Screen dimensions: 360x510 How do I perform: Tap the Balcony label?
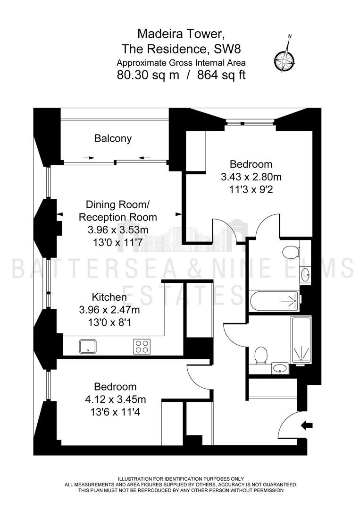coord(113,138)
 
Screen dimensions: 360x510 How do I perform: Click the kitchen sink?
coord(88,347)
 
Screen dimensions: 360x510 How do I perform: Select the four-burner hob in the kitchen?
coord(142,347)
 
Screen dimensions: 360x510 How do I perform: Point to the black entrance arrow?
coord(307,425)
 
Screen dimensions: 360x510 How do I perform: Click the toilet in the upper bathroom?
coord(291,252)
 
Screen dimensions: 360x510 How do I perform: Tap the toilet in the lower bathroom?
coord(261,356)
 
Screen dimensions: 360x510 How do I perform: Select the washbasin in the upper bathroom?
coord(305,275)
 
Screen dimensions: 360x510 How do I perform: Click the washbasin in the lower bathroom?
coord(280,368)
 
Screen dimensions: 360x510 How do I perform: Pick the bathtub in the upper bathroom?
coord(274,301)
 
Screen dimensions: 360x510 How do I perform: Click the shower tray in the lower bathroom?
coord(301,340)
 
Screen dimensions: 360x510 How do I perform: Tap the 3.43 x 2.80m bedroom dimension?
coord(251,177)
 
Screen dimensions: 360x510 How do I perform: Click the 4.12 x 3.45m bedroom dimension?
coord(115,399)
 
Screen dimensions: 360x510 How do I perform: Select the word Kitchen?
coord(109,297)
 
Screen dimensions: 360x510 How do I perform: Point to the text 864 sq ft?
coord(221,75)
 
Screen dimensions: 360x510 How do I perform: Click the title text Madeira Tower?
coord(181,33)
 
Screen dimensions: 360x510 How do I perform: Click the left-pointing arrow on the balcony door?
coord(144,158)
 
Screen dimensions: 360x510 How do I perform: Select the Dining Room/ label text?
coord(117,204)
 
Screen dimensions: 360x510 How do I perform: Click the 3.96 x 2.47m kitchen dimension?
coord(109,310)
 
